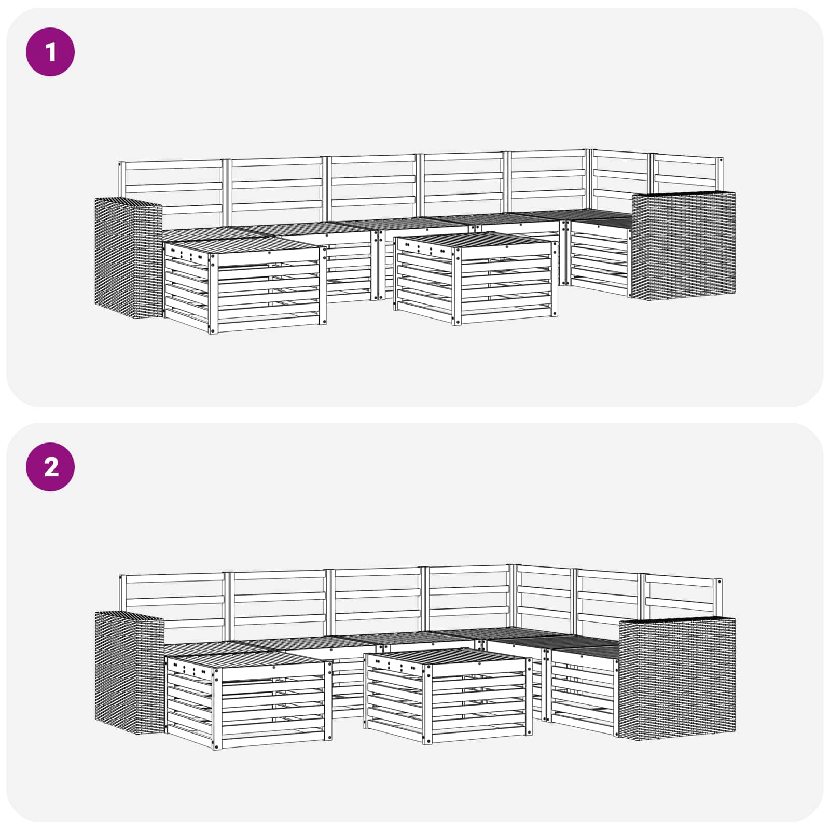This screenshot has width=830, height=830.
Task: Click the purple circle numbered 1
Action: point(50,52)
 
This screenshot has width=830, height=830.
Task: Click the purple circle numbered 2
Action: point(50,467)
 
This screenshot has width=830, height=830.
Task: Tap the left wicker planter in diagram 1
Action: point(128,258)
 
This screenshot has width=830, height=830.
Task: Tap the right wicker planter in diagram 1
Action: point(683,245)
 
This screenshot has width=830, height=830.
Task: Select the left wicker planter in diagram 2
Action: point(129,673)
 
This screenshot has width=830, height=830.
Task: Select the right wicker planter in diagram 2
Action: point(677,677)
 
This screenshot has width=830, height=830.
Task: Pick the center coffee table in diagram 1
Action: point(476,278)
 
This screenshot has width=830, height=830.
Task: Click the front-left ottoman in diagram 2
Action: point(248,701)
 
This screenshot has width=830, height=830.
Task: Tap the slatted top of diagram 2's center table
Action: point(446,658)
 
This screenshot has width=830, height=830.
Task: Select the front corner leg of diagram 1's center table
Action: point(456,286)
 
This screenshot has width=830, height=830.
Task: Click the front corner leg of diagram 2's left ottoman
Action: point(216,709)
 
